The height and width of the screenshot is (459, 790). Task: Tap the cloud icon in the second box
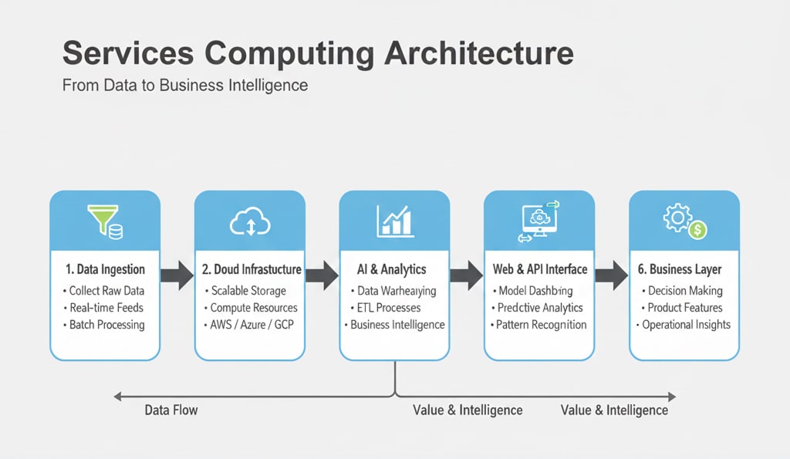250,222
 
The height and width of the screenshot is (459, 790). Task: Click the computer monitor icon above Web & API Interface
538,221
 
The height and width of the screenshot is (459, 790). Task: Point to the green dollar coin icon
698,228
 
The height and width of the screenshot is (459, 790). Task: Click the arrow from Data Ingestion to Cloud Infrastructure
177,275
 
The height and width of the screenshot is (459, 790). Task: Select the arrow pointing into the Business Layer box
612,275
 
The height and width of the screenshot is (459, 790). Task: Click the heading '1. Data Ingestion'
105,269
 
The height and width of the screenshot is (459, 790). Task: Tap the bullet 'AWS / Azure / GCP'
252,324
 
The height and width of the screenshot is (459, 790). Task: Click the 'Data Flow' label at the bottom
171,410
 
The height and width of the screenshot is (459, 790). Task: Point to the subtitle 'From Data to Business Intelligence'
185,85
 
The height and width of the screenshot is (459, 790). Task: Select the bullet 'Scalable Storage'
248,291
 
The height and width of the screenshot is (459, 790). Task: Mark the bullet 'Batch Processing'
106,324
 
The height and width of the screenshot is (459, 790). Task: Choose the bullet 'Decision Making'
685,291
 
